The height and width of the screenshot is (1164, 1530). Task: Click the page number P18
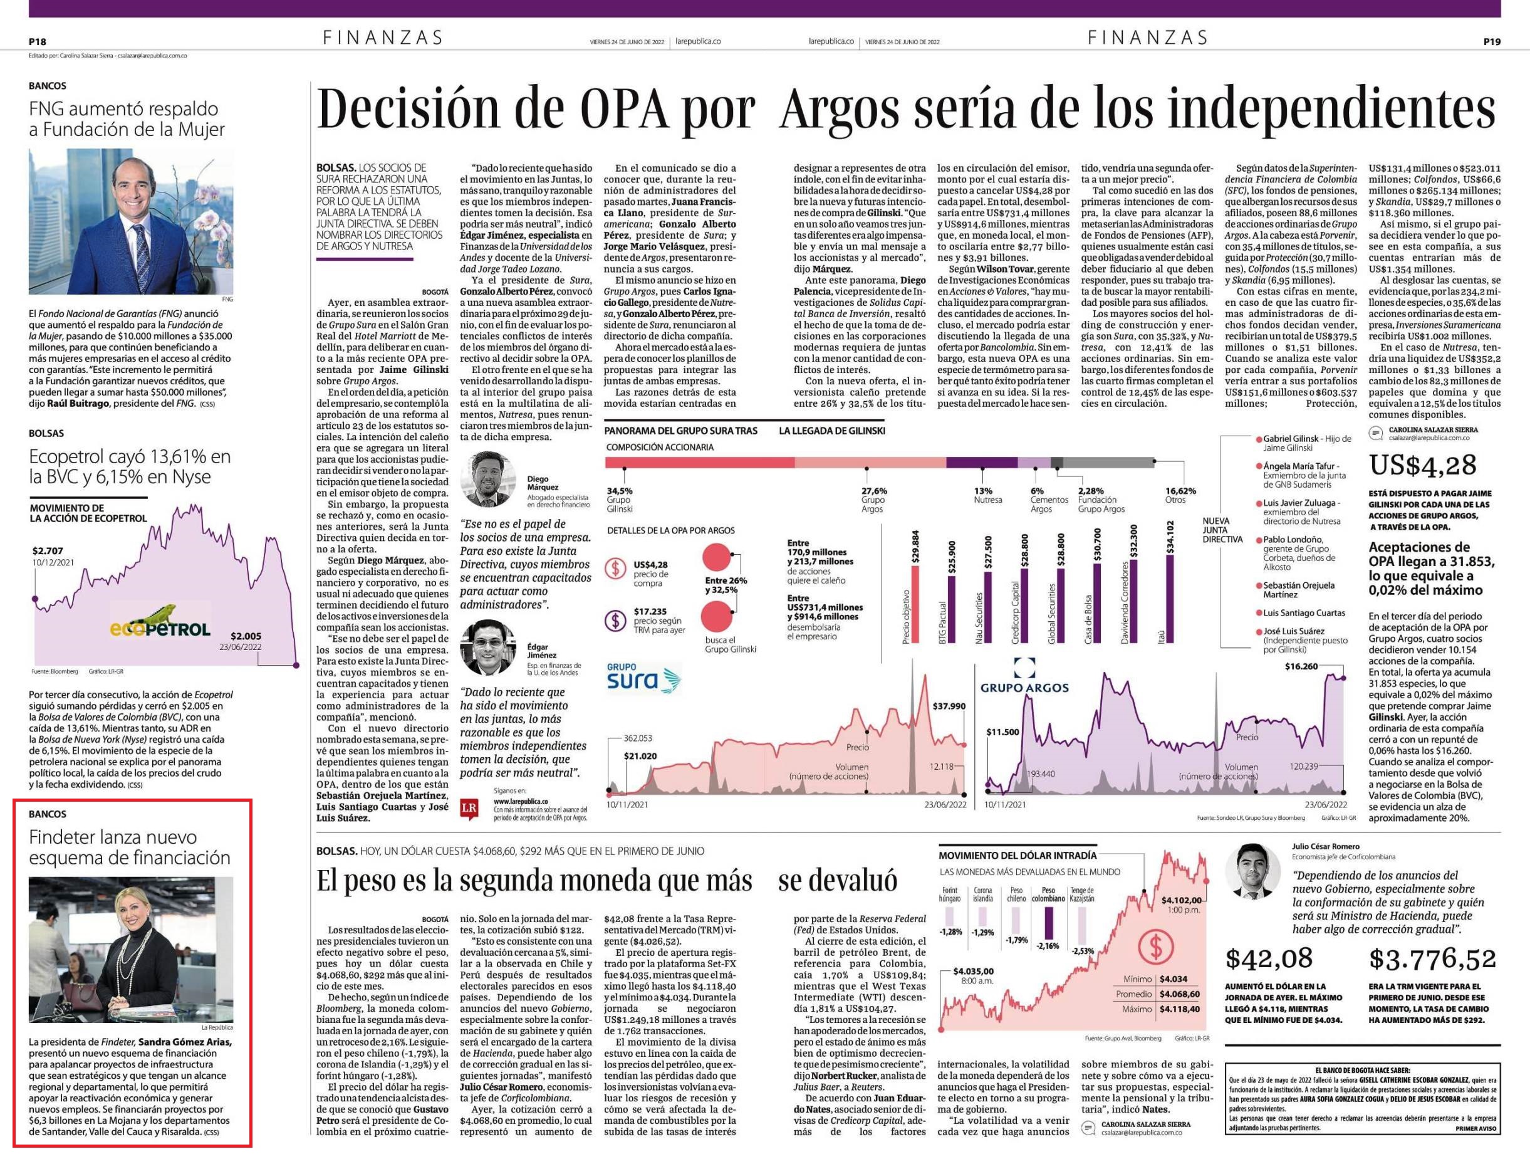coord(38,41)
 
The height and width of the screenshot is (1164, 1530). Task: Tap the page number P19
coord(1492,41)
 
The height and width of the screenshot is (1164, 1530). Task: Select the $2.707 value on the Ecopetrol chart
coord(48,551)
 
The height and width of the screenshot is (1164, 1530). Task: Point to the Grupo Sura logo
coord(643,677)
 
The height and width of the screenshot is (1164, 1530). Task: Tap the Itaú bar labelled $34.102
coord(1170,599)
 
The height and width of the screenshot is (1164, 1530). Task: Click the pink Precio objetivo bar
coord(915,605)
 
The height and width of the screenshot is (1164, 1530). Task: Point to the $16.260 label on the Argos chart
coord(1301,666)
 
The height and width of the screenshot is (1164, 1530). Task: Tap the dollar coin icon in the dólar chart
coord(1155,946)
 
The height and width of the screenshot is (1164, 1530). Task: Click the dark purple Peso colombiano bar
coord(1049,922)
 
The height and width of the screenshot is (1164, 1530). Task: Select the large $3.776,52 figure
coord(1432,960)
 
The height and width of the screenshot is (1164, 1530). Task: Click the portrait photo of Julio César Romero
coord(1252,871)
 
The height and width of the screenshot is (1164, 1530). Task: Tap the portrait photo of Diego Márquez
coord(487,479)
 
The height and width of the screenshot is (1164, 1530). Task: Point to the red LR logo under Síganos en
coord(469,809)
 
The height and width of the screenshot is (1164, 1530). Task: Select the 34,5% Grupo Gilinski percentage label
coord(619,500)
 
